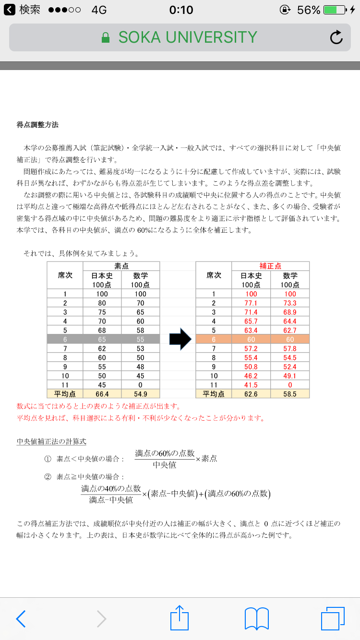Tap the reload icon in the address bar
[336, 37]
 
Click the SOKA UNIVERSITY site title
[188, 37]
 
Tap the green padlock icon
[106, 38]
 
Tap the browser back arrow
[21, 619]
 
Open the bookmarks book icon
[256, 618]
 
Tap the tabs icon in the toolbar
[333, 618]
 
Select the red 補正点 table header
[271, 266]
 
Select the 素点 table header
[121, 266]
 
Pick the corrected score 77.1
[251, 303]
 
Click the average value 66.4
[102, 394]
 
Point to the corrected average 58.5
[290, 394]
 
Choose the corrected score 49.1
[290, 376]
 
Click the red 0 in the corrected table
[290, 385]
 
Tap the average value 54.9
[141, 394]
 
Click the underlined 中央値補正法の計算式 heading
[51, 441]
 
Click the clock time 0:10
[181, 10]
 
